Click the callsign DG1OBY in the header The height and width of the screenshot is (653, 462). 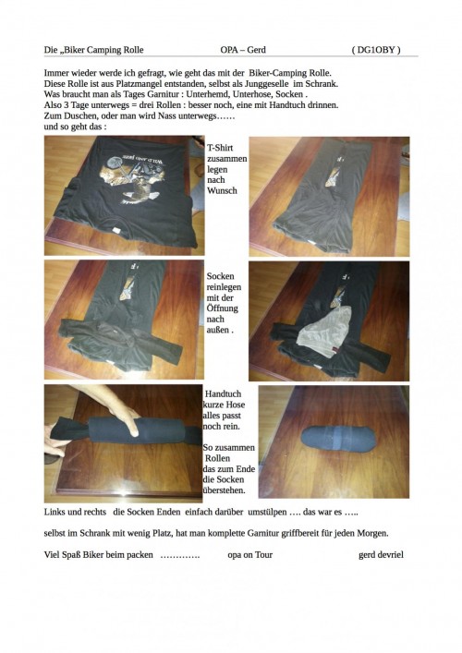(x=376, y=50)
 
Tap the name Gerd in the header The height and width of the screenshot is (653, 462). (x=257, y=50)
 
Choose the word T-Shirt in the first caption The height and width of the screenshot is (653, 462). (x=220, y=148)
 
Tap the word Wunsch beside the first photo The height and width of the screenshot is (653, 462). (x=222, y=190)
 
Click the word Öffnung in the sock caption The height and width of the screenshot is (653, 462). (x=223, y=308)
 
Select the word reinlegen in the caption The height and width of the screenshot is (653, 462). (x=224, y=287)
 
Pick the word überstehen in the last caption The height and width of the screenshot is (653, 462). (x=224, y=490)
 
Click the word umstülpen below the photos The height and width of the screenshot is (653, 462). (x=267, y=513)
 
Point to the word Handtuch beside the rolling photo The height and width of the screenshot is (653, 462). (x=224, y=394)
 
